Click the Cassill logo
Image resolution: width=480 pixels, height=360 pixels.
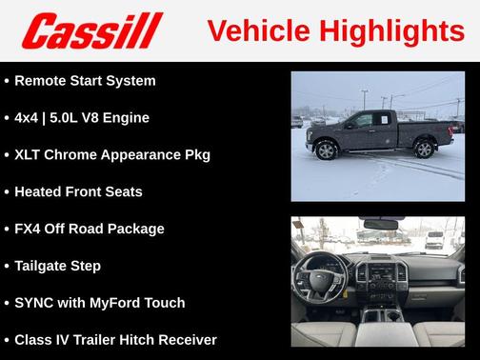(92, 30)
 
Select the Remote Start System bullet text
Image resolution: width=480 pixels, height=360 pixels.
(85, 80)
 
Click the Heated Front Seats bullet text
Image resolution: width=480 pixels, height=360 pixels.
(78, 191)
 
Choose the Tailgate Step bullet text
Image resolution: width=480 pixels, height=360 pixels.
(57, 266)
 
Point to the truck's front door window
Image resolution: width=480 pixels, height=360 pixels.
(363, 121)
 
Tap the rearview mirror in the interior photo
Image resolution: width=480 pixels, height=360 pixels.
(378, 226)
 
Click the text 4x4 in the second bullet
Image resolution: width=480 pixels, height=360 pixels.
(28, 117)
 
